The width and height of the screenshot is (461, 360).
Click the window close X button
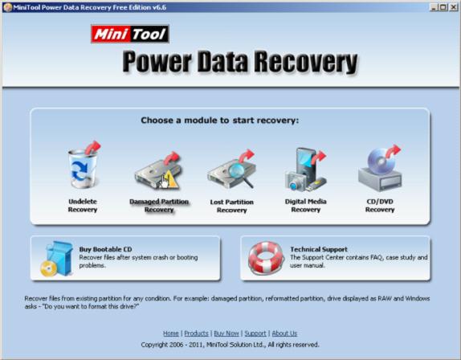pyautogui.click(x=453, y=7)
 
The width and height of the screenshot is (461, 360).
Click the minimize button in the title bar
pyautogui.click(x=434, y=7)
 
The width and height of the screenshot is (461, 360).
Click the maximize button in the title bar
pyautogui.click(x=443, y=7)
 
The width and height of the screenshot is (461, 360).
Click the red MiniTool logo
pyautogui.click(x=130, y=34)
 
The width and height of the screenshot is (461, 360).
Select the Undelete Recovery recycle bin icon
pyautogui.click(x=84, y=166)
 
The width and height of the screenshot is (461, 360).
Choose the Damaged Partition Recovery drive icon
pyautogui.click(x=158, y=171)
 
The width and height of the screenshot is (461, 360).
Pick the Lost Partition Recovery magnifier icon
pyautogui.click(x=231, y=170)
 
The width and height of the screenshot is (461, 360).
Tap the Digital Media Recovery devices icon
pyautogui.click(x=305, y=170)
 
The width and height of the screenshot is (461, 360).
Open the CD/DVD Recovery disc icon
pyautogui.click(x=380, y=168)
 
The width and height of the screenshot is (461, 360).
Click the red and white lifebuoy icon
pyautogui.click(x=266, y=258)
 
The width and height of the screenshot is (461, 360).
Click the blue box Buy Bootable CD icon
pyautogui.click(x=57, y=259)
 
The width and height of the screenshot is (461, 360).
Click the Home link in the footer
pyautogui.click(x=171, y=333)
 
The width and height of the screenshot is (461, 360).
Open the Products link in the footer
pyautogui.click(x=197, y=333)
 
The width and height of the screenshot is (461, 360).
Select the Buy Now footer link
pyautogui.click(x=226, y=333)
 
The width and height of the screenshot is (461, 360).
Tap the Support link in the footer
pyautogui.click(x=255, y=333)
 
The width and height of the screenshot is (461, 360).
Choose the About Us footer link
pyautogui.click(x=284, y=333)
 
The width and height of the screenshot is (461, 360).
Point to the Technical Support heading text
pyautogui.click(x=319, y=249)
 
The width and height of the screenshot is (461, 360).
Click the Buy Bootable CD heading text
pyautogui.click(x=105, y=249)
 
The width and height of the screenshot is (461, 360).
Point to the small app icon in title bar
pyautogui.click(x=8, y=7)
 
